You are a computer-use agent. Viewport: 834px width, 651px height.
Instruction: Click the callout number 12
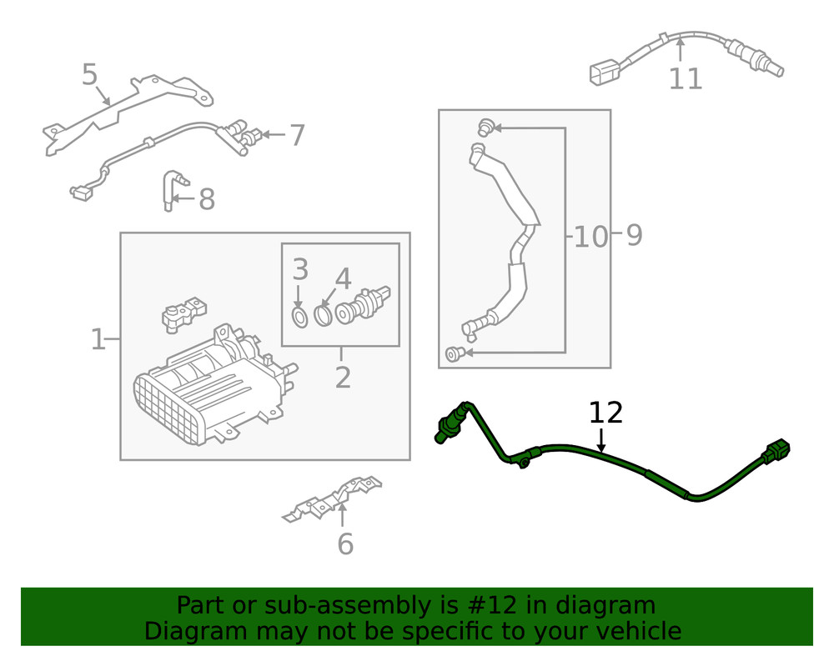(x=606, y=413)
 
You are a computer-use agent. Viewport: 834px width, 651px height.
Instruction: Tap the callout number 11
(x=686, y=79)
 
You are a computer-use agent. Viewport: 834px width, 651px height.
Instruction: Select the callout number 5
(x=90, y=75)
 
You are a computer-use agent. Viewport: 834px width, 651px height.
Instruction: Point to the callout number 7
(x=297, y=135)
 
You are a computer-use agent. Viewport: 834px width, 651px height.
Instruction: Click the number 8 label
(x=206, y=200)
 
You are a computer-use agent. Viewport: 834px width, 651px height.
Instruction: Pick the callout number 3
(x=300, y=270)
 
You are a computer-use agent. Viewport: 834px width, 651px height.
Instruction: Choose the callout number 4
(x=343, y=279)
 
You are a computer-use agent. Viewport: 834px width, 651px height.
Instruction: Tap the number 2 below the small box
(x=343, y=378)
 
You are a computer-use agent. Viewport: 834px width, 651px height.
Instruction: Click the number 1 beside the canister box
(x=98, y=340)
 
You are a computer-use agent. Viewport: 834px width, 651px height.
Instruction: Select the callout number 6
(x=344, y=544)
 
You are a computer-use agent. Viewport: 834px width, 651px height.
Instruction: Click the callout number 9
(x=634, y=236)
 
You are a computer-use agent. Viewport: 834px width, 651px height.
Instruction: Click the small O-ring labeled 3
(x=299, y=316)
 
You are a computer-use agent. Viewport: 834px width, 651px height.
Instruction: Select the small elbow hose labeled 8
(x=172, y=190)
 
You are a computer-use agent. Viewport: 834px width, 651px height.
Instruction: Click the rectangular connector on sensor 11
(x=602, y=73)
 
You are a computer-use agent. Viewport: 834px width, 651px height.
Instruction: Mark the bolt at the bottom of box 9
(x=452, y=354)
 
